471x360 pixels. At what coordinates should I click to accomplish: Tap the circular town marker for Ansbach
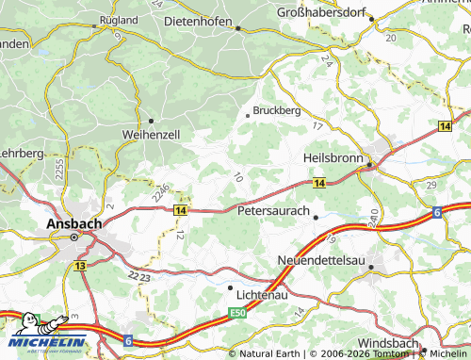point(75,238)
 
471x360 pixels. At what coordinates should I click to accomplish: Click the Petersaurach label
point(273,211)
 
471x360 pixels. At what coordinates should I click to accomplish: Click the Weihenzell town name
point(151,135)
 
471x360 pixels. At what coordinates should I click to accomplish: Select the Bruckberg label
point(279,110)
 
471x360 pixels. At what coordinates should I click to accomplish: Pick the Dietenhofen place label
point(204,18)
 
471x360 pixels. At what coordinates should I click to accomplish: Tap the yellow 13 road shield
point(80,268)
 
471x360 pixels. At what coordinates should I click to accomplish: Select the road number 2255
point(58,170)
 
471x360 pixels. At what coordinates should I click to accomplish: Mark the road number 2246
point(159,193)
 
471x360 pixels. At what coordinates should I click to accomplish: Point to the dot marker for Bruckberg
point(248,115)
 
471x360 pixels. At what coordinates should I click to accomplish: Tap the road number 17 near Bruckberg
point(317,126)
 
